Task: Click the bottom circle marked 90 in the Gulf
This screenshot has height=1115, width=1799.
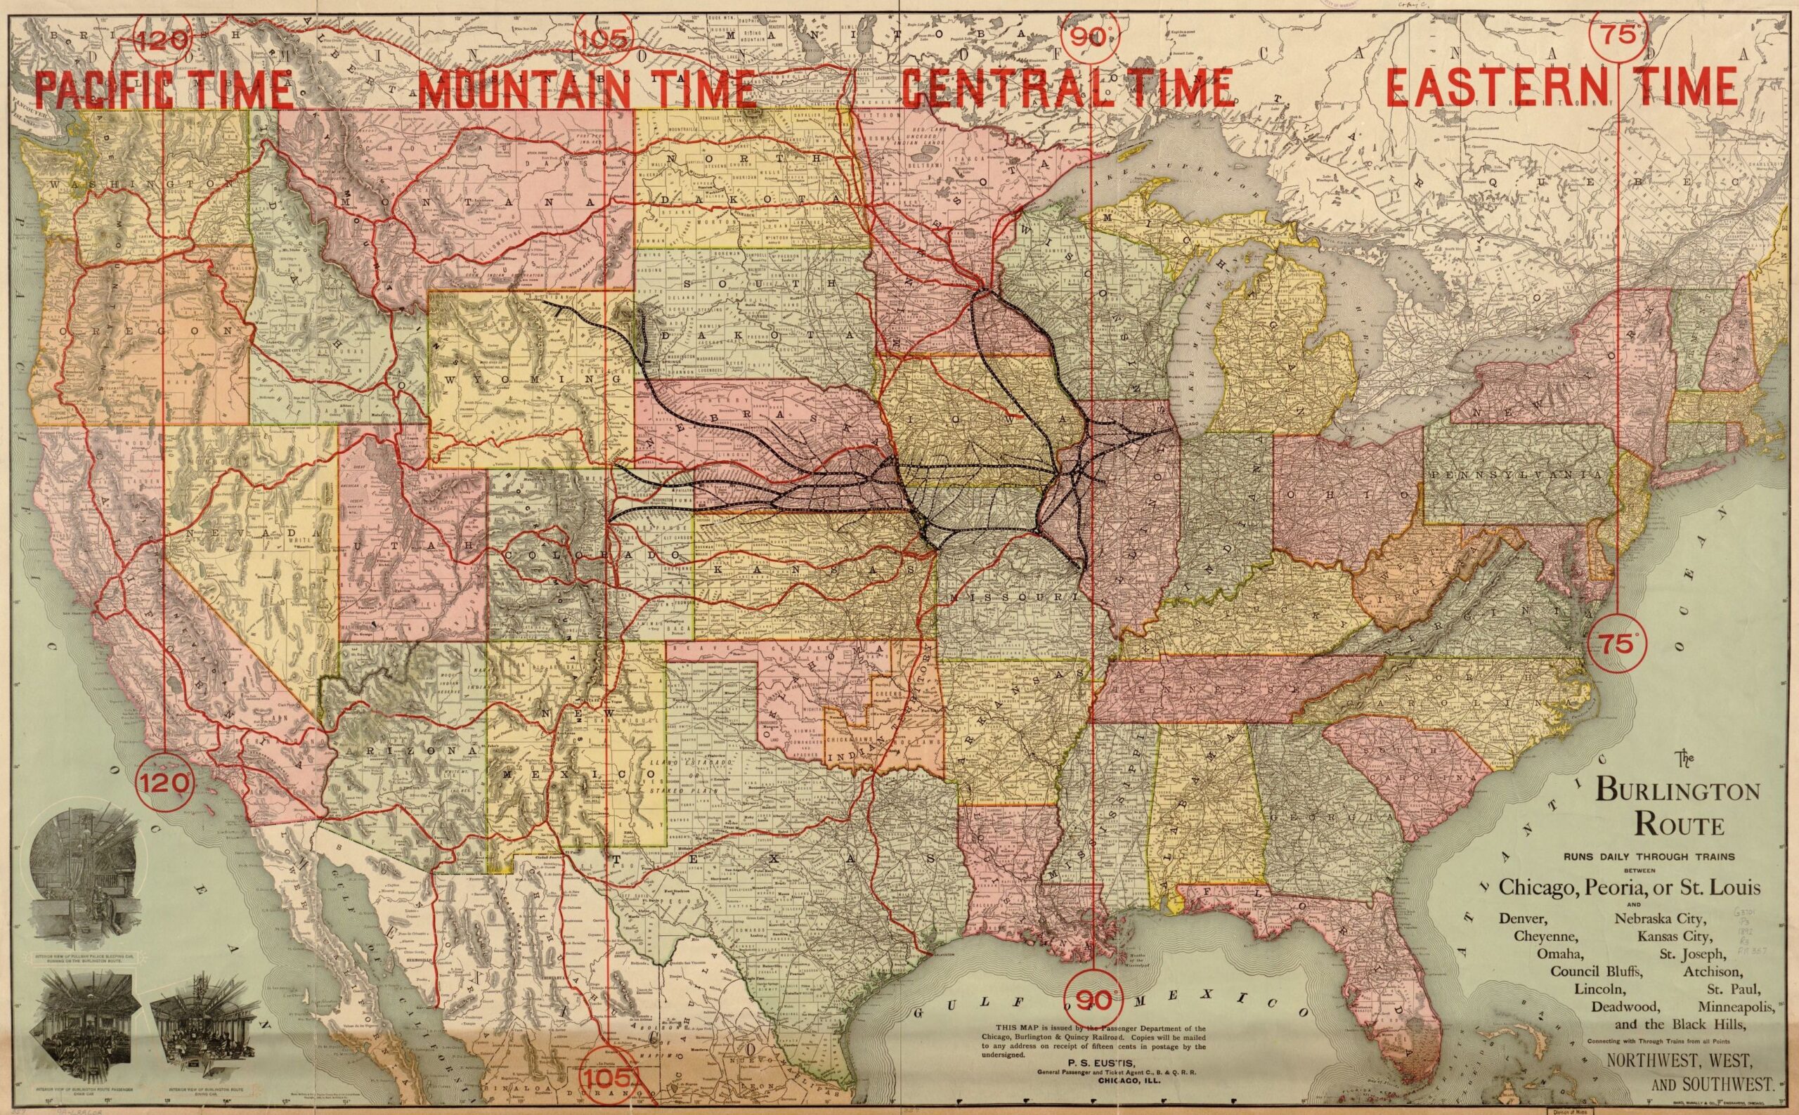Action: (x=1091, y=1000)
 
